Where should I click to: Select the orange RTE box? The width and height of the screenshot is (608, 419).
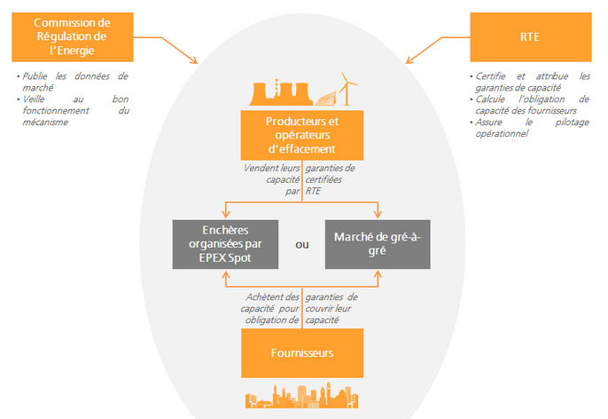point(530,37)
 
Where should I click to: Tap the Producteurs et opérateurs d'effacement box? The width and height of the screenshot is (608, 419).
point(301,135)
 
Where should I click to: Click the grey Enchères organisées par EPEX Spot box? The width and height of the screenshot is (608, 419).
point(225,243)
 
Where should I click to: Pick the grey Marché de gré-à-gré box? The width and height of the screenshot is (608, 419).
point(378,243)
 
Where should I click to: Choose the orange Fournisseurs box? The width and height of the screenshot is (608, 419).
point(301,352)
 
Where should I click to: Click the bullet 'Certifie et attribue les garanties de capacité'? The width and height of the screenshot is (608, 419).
point(532,82)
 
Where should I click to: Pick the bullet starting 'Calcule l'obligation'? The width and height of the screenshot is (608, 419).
point(532,105)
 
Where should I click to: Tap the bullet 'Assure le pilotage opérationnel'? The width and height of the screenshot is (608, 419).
point(532,128)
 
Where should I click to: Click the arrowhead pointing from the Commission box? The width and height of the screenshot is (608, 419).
point(194,60)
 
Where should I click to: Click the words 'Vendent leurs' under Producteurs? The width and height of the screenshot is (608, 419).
point(273,168)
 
